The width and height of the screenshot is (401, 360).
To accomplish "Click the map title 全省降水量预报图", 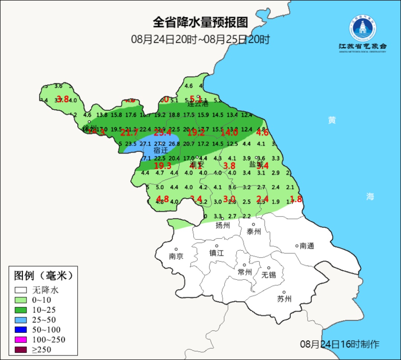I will click(x=200, y=22).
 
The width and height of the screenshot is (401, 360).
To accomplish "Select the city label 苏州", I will click(x=284, y=299).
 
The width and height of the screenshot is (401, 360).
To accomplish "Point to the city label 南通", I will click(x=307, y=246).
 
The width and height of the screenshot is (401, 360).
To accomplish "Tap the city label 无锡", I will click(x=268, y=275).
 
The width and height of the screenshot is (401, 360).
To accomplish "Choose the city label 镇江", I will click(x=217, y=253).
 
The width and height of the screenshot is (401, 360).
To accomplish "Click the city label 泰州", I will click(x=254, y=232).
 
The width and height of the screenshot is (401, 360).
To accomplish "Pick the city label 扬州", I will click(x=223, y=226).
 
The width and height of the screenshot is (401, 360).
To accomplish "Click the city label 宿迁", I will click(x=161, y=150).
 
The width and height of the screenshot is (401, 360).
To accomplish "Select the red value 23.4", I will click(x=162, y=133).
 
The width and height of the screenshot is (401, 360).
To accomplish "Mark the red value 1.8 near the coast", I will click(x=296, y=198).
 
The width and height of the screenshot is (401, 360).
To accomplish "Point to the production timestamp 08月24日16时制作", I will click(x=340, y=344).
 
